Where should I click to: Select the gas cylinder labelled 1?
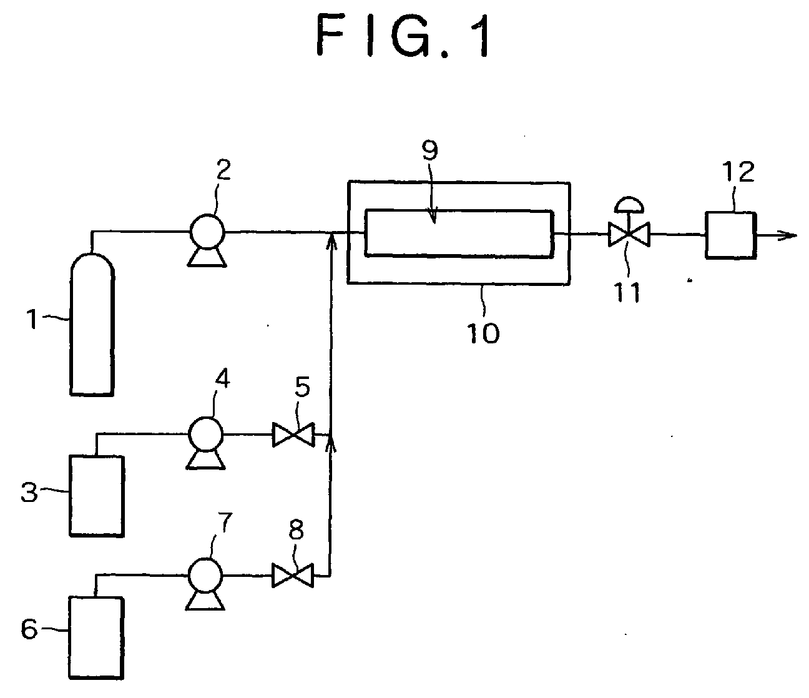pos(92,325)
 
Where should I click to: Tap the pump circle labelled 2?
pos(207,232)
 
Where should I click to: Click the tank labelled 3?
pos(97,496)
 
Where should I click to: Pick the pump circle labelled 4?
pos(205,434)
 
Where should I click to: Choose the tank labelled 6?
pos(96,637)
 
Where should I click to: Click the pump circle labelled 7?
pos(205,575)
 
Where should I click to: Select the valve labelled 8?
pos(293,576)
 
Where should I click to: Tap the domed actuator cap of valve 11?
pos(629,204)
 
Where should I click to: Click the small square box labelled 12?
pos(731,235)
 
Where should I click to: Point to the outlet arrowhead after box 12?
pos(788,235)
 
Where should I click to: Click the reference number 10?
pos(483,333)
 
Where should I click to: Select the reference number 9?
pos(429,150)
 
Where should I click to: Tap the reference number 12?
pos(738,172)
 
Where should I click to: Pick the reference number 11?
pos(627,292)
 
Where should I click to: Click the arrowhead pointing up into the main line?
pos(332,241)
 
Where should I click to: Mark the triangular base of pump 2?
pos(207,258)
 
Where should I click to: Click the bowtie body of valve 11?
pos(629,235)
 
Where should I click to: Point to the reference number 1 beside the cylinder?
pos(32,319)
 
